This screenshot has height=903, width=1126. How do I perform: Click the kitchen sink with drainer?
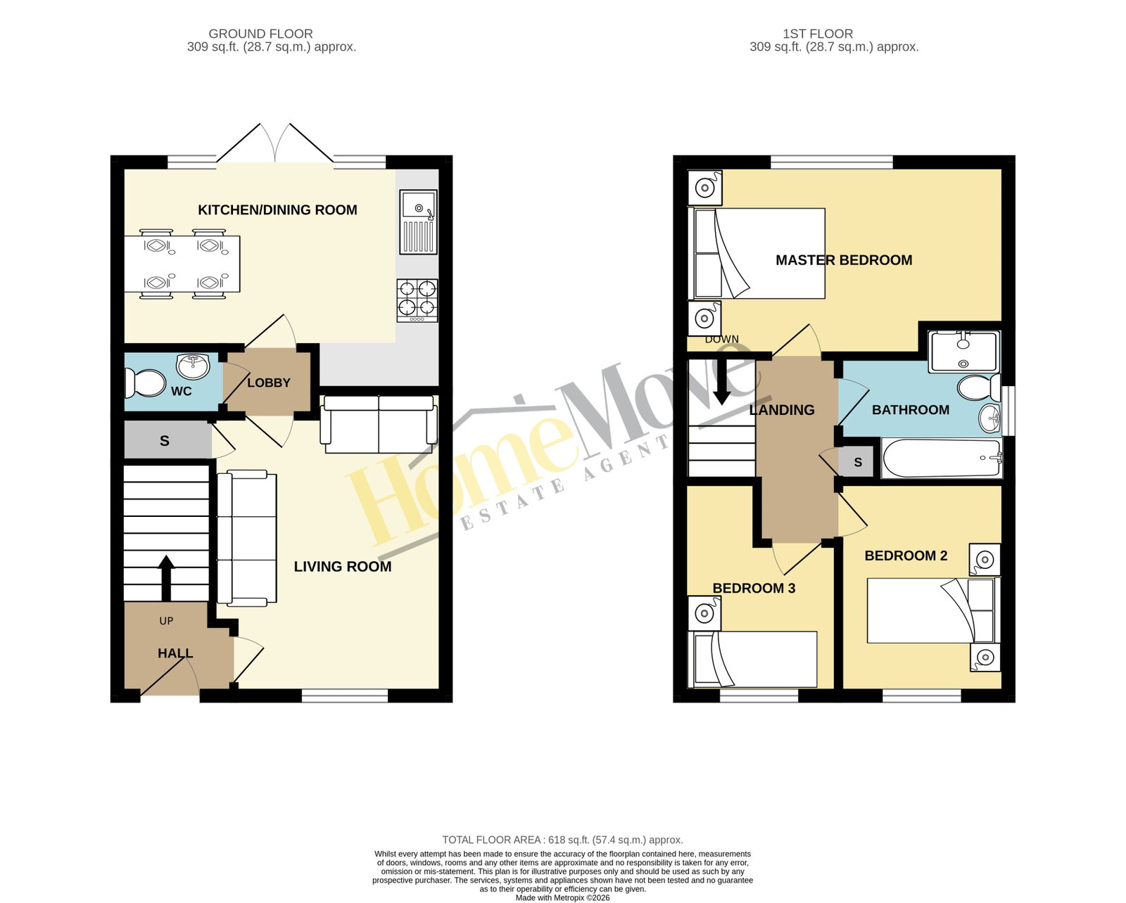click(418, 222)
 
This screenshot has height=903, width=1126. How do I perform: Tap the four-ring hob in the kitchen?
click(417, 301)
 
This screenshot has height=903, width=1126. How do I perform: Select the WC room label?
click(181, 391)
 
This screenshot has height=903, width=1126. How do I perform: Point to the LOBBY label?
click(268, 383)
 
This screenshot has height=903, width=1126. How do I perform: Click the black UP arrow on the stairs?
click(166, 578)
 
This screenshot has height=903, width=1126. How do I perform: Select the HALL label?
click(175, 653)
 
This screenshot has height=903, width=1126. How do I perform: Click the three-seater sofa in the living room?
click(246, 538)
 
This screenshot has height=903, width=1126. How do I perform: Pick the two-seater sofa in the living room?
click(379, 425)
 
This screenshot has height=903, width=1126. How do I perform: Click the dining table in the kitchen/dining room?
click(182, 264)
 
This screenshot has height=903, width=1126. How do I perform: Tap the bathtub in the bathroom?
click(942, 458)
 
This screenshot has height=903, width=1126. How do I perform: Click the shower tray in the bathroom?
click(964, 352)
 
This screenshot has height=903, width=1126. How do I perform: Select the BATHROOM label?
click(911, 410)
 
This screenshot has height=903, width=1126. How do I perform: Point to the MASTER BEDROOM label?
click(844, 260)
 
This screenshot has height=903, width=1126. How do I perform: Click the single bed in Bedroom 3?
click(752, 659)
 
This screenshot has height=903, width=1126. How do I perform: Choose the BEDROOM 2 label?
click(906, 556)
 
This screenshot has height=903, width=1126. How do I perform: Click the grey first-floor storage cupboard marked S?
click(857, 461)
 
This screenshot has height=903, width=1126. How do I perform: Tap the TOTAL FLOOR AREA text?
click(562, 840)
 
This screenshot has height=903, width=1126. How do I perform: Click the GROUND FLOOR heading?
click(260, 34)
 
